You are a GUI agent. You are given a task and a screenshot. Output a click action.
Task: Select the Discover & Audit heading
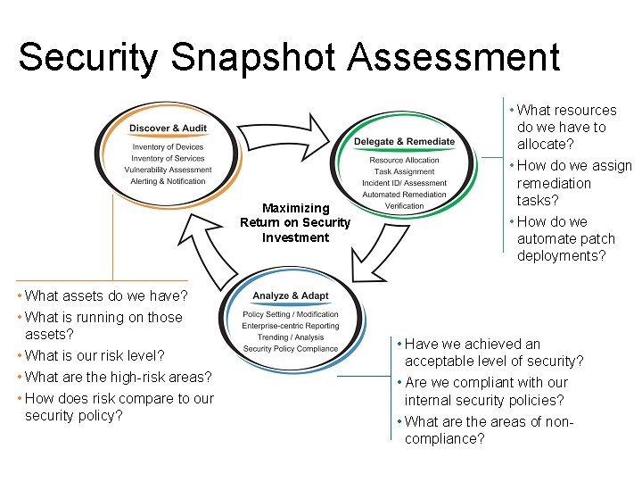coord(169,129)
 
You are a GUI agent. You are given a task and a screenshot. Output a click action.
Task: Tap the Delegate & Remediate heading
coord(404,142)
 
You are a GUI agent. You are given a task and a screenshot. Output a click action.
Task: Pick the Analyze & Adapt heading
coord(291,296)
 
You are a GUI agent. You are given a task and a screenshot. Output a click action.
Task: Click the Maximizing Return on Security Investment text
coord(295,223)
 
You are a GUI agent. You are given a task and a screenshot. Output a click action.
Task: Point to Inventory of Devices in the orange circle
coord(168,147)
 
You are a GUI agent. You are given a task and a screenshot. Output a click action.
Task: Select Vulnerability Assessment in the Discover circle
coord(168,170)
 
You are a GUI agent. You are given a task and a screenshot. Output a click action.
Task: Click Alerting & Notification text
coord(168,181)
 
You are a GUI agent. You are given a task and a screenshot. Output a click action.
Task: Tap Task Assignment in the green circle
coord(404,171)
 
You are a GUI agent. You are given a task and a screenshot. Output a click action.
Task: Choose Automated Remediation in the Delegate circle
coord(404,195)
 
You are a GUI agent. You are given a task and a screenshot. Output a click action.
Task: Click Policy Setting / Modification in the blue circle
coord(291,314)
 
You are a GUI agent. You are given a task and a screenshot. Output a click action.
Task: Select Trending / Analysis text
coord(291,337)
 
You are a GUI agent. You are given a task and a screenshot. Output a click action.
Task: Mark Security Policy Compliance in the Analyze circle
coord(291,349)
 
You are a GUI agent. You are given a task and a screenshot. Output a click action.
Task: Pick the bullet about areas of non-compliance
coord(489,430)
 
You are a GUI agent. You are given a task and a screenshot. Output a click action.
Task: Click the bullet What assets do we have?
coord(106,295)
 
